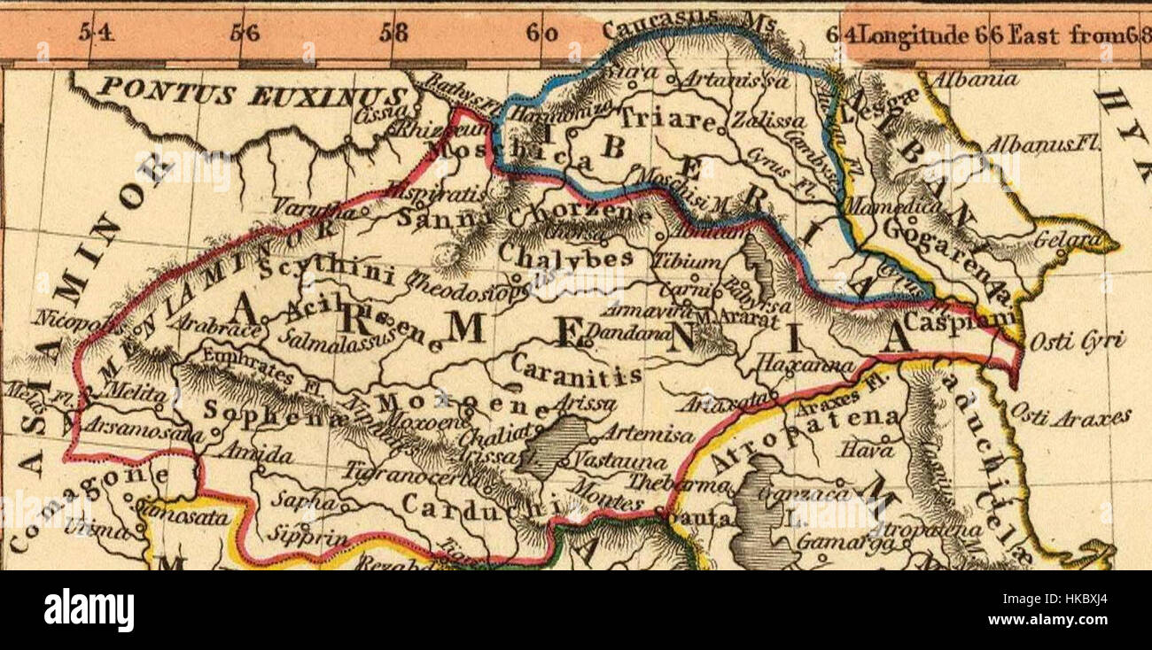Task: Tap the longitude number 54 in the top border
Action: pos(97,34)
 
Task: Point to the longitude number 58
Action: pos(393,34)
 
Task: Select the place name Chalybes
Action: pos(565,257)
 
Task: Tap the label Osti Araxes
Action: pos(1070,416)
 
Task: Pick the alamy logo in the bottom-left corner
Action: pos(89,610)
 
